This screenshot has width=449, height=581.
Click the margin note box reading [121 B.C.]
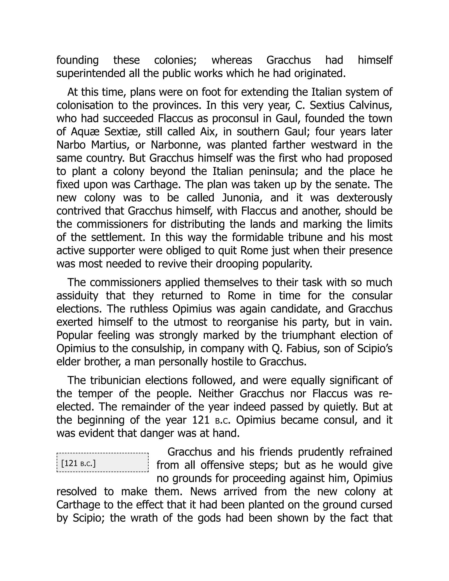tap(102, 463)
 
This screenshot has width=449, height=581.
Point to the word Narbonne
tap(176, 145)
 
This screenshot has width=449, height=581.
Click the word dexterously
tap(364, 198)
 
